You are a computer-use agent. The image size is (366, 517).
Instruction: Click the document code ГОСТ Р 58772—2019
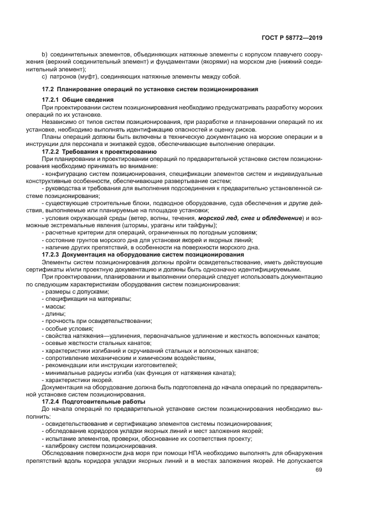(x=291, y=38)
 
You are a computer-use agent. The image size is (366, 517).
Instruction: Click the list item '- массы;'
(x=54, y=306)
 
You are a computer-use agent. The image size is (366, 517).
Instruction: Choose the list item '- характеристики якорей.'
(x=78, y=380)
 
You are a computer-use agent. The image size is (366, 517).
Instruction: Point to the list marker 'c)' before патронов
(x=44, y=76)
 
